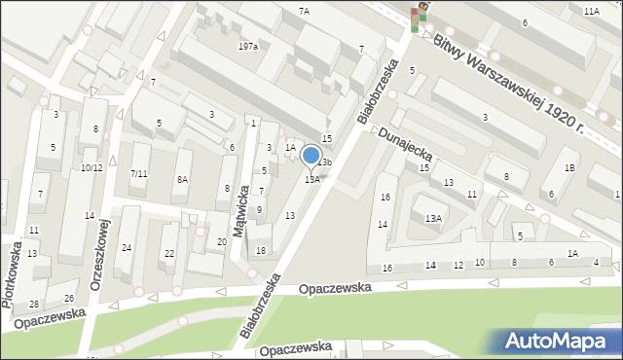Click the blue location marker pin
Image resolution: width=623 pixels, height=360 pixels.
click(x=311, y=157)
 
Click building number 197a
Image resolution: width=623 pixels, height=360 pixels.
click(x=248, y=47)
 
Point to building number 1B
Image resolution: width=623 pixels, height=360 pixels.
click(x=569, y=168)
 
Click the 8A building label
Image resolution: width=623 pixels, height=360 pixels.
click(x=182, y=179)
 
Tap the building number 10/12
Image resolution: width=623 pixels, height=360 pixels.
click(x=92, y=167)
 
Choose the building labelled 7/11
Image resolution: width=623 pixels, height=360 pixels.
click(x=138, y=173)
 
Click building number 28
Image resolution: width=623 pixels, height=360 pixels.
click(x=34, y=305)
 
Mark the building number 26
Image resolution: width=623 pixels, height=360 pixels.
click(x=69, y=298)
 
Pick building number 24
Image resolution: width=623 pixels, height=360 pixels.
click(x=127, y=248)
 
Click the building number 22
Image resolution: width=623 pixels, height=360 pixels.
click(x=169, y=254)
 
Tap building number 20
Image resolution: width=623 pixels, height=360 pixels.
click(x=222, y=241)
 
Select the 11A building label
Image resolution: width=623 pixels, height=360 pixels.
click(x=591, y=10)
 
